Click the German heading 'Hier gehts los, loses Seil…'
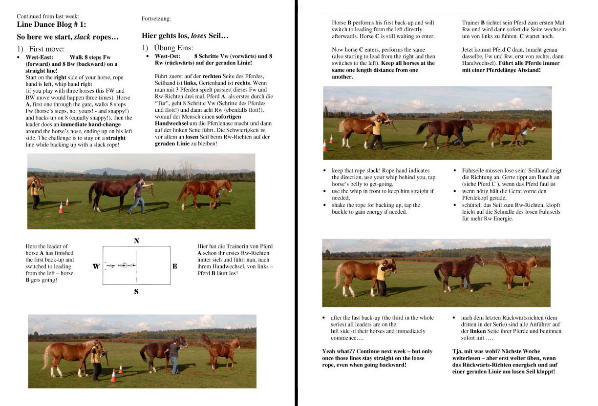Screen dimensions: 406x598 click(185, 36)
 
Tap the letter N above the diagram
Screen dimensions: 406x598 click(136, 241)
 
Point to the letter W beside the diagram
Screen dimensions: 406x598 click(96, 266)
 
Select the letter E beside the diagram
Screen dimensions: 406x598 click(175, 266)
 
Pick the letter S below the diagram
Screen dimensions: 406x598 click(136, 292)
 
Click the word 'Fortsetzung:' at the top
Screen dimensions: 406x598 click(156, 19)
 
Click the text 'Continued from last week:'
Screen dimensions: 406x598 click(47, 16)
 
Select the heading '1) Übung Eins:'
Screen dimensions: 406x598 click(167, 48)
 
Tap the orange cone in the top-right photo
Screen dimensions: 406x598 click(325, 145)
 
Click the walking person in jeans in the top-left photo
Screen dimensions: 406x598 click(138, 195)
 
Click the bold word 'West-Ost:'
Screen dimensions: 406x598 click(168, 56)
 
